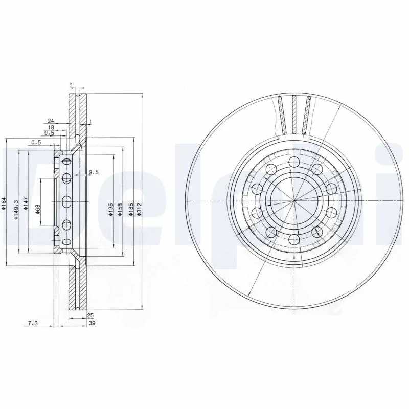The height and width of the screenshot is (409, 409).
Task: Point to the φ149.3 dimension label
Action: pos(16,209)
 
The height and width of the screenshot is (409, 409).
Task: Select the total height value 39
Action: pos(92,323)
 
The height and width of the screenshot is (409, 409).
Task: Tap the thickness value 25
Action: pos(91,315)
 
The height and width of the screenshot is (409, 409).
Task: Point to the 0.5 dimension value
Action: pos(36,142)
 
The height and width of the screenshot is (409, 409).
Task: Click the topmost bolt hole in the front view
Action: pos(293,163)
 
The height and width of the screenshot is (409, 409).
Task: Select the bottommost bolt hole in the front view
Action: pos(293,238)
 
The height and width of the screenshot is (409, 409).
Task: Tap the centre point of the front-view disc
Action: pos(293,201)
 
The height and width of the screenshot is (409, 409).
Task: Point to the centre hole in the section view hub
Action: pos(66,201)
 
